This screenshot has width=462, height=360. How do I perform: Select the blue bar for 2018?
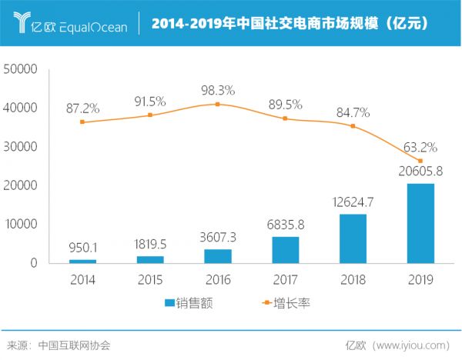click(x=353, y=238)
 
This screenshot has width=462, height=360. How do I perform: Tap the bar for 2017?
click(x=286, y=249)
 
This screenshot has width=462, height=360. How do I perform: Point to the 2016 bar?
click(x=218, y=255)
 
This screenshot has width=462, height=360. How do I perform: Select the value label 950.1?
click(x=82, y=249)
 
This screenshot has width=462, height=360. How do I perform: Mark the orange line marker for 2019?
click(x=420, y=161)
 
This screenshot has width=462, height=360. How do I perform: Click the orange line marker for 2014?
click(x=82, y=122)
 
